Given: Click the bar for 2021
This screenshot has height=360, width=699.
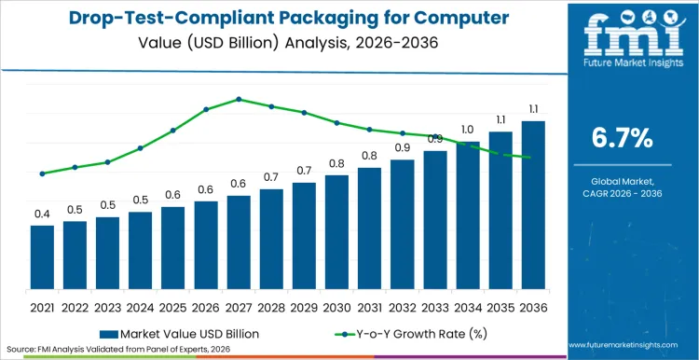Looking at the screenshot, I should [42, 257].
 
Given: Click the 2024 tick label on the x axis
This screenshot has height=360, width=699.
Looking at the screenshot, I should [140, 306].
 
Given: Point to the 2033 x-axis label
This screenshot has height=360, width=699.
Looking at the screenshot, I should [434, 306].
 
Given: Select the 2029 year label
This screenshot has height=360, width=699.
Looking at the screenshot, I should [304, 306].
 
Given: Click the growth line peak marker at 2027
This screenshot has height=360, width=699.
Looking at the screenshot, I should [239, 99].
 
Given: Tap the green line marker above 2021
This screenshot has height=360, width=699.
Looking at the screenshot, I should [42, 173].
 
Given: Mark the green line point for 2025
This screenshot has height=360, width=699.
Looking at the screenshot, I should [172, 131].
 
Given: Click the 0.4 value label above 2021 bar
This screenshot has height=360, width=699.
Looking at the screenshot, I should [42, 215].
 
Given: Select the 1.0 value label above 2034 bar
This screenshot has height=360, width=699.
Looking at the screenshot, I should [467, 130].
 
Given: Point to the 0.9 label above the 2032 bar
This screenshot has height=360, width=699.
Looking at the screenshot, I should [402, 147].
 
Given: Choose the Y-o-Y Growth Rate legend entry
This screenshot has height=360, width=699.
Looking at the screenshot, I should [410, 333].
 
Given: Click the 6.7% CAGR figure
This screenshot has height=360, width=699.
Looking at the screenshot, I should [623, 139].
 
